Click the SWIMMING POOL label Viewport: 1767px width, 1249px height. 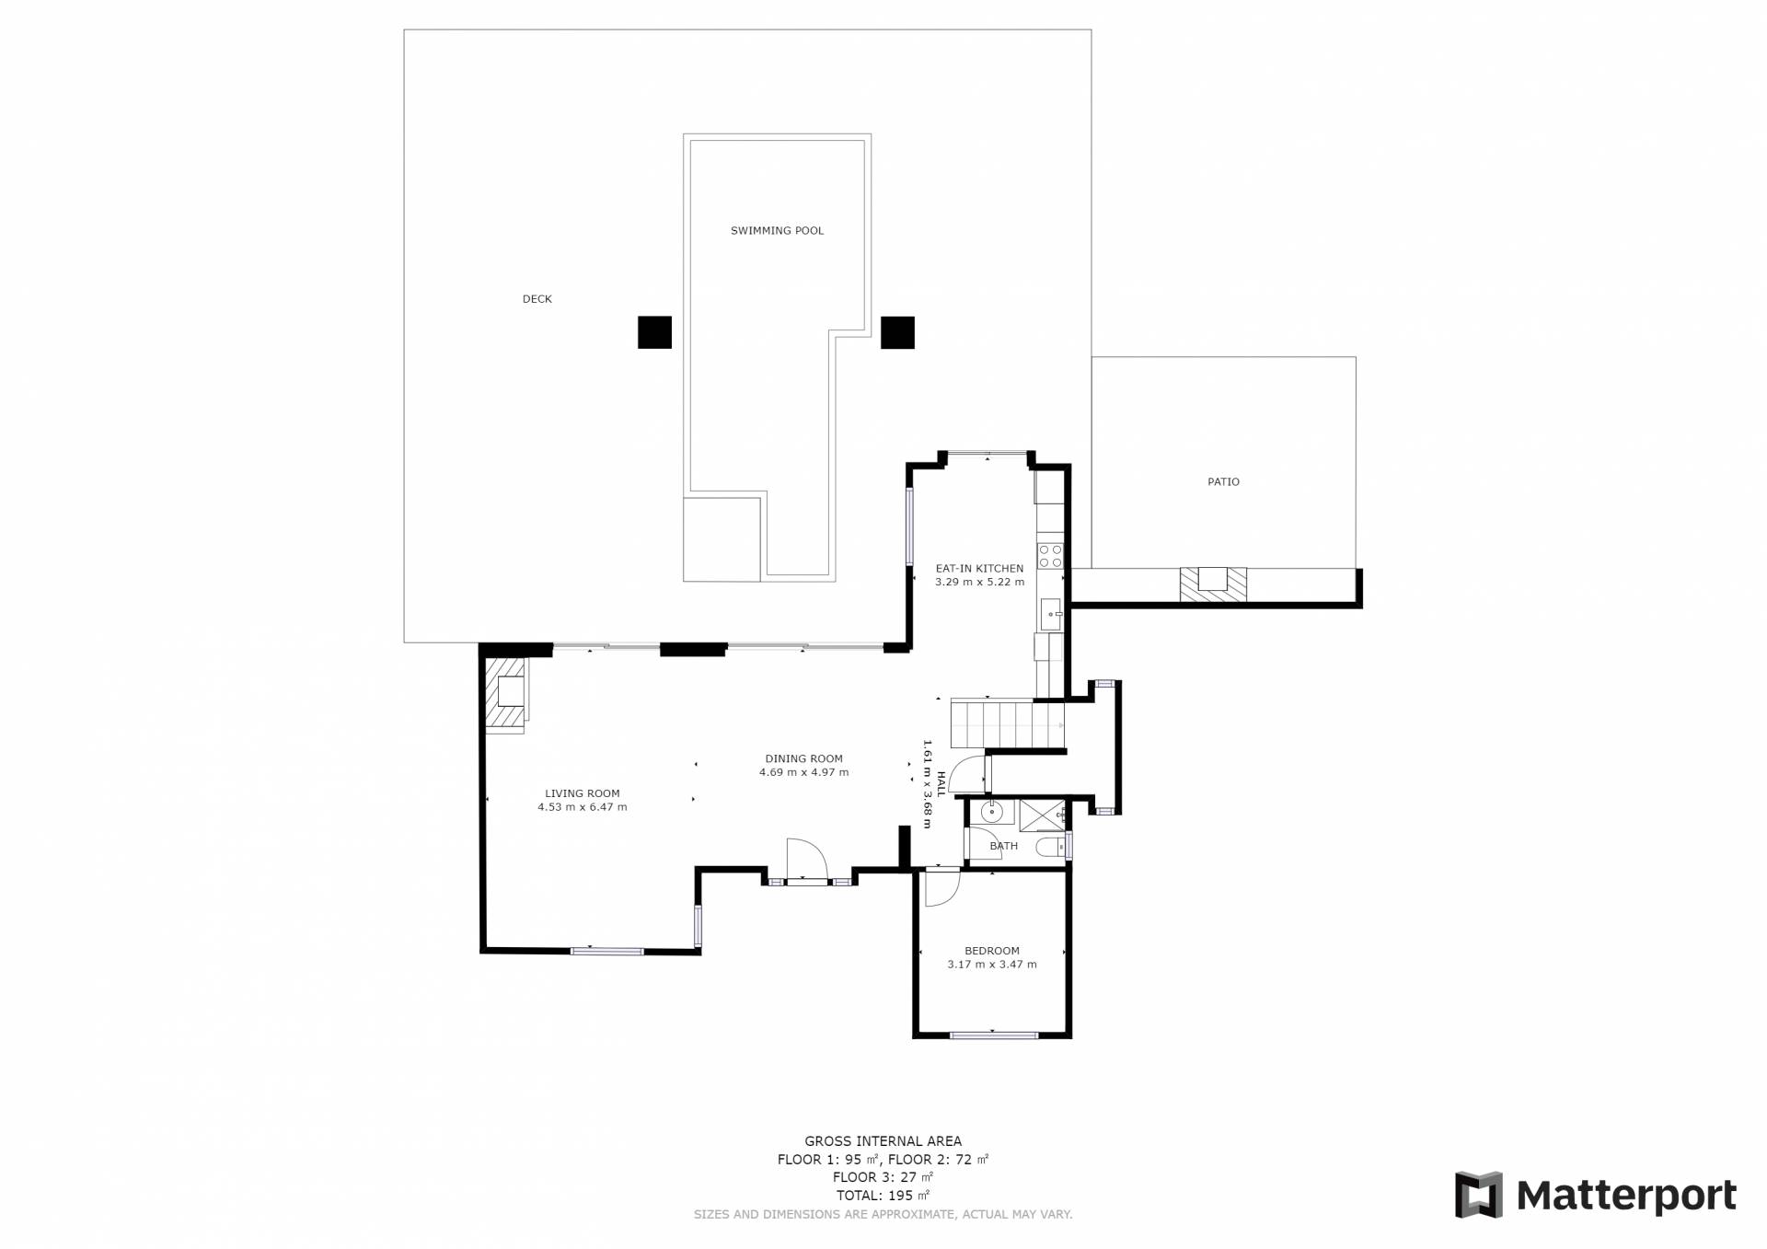[x=777, y=231]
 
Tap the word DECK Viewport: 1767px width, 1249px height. [x=537, y=299]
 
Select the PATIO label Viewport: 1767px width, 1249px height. [x=1223, y=482]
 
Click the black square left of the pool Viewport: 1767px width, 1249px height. [x=654, y=332]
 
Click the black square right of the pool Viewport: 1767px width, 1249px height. [x=897, y=332]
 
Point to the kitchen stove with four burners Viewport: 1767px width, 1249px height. [x=1050, y=556]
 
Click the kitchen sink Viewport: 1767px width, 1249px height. [x=1050, y=613]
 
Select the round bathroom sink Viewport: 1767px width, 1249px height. [x=991, y=812]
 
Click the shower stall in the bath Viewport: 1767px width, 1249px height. [x=1042, y=815]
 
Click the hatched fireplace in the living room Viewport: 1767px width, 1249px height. [x=507, y=694]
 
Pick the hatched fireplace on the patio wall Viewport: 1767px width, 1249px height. [x=1213, y=585]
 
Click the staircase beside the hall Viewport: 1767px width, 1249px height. [x=1007, y=724]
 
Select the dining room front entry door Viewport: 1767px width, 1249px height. [x=807, y=862]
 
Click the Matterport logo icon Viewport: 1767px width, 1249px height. [x=1478, y=1195]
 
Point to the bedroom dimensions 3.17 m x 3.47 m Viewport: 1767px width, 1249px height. [x=992, y=965]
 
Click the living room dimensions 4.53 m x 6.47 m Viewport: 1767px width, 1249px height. [x=583, y=807]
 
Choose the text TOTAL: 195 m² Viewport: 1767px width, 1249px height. [x=883, y=1196]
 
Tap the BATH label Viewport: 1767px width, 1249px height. [x=1004, y=846]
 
